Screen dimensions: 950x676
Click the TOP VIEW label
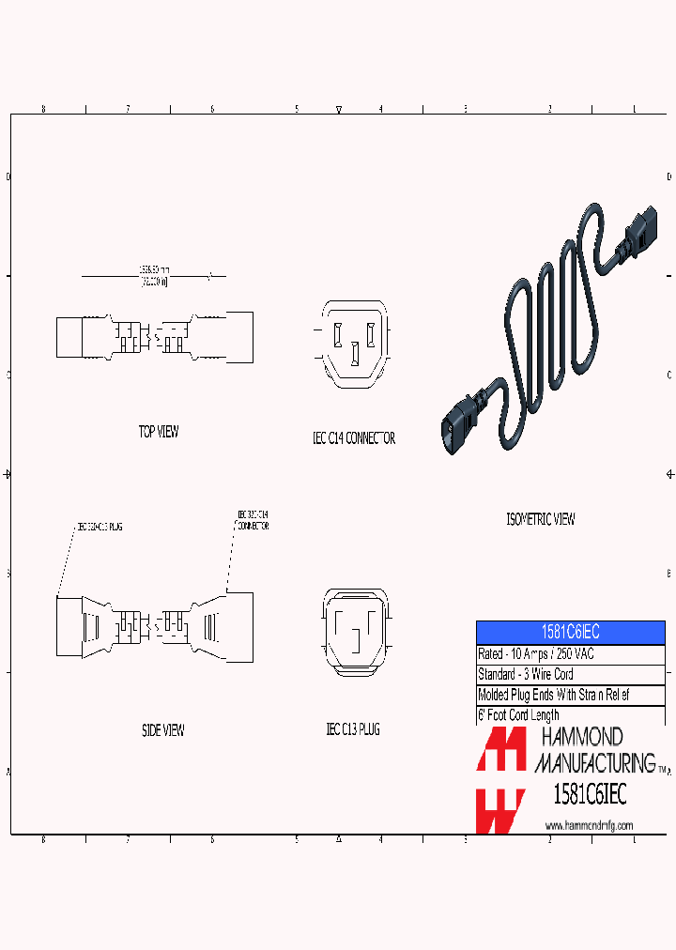(159, 432)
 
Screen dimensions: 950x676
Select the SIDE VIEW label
(162, 729)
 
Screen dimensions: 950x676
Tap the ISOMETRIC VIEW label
(540, 519)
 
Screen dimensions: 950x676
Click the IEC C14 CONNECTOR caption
(353, 438)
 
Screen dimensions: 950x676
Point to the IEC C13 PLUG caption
(352, 729)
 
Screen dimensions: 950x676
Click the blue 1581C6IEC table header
(570, 632)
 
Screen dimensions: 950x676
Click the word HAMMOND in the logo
(579, 738)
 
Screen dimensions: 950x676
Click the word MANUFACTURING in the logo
(594, 761)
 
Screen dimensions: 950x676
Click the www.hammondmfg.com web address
(589, 826)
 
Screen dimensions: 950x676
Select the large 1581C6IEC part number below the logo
(590, 795)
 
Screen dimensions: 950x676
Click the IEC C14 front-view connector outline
(354, 344)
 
